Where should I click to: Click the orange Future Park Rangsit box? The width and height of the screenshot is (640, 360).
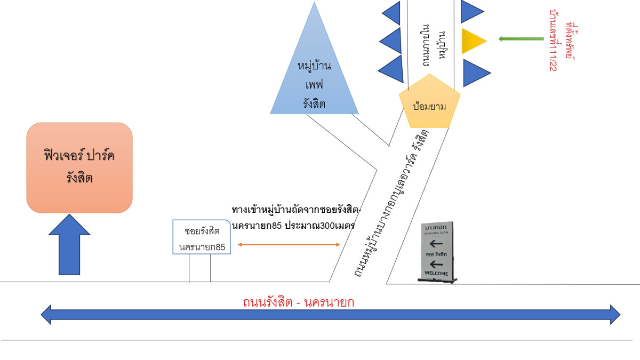(x=79, y=167)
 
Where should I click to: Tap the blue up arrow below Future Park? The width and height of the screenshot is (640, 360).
(x=69, y=245)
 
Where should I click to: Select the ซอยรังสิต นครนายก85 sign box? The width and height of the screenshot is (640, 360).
(x=202, y=237)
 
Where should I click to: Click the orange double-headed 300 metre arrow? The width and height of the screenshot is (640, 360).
(x=289, y=245)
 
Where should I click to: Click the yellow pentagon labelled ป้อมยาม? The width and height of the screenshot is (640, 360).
(x=429, y=104)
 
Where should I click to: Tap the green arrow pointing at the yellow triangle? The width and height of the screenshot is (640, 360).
(x=521, y=38)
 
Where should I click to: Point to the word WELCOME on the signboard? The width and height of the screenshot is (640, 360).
(x=436, y=274)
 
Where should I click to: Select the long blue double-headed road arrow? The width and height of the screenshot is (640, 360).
(x=331, y=314)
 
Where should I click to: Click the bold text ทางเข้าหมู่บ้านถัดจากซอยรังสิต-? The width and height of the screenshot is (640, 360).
(x=297, y=209)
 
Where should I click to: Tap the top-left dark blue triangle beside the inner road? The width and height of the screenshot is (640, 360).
(x=392, y=13)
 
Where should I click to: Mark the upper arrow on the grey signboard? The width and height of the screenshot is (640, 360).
(x=436, y=244)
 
